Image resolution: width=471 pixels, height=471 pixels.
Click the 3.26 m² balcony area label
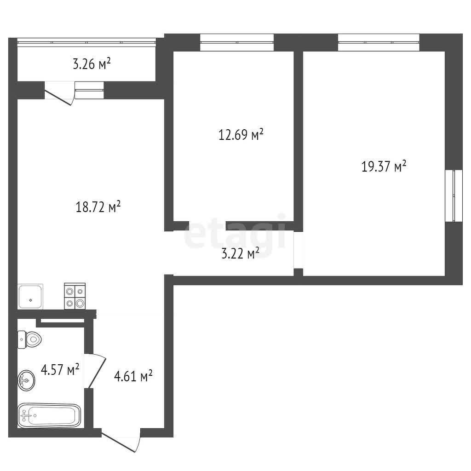[x=92, y=63]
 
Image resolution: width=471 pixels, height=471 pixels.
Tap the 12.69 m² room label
[x=241, y=134]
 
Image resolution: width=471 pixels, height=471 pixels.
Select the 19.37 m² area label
[x=384, y=166]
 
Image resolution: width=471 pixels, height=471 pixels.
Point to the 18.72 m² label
[x=98, y=207]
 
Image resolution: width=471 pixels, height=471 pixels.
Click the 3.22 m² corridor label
[x=240, y=253]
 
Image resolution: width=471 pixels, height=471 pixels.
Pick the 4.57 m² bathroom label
[x=60, y=369]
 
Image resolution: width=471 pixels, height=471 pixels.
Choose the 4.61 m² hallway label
[x=133, y=376]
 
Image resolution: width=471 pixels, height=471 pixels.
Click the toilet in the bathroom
[x=29, y=340]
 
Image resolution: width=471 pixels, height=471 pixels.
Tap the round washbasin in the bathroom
[x=26, y=380]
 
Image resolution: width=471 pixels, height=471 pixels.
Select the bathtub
[x=49, y=416]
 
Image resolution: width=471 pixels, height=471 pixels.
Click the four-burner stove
[x=75, y=296]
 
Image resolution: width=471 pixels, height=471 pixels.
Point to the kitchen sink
[x=30, y=297]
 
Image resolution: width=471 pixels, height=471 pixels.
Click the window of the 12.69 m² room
[x=237, y=43]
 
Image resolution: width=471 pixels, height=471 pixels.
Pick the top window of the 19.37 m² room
[x=379, y=43]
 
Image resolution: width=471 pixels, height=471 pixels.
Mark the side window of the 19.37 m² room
[x=454, y=196]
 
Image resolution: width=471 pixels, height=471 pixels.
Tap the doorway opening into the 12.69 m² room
[x=207, y=226]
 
